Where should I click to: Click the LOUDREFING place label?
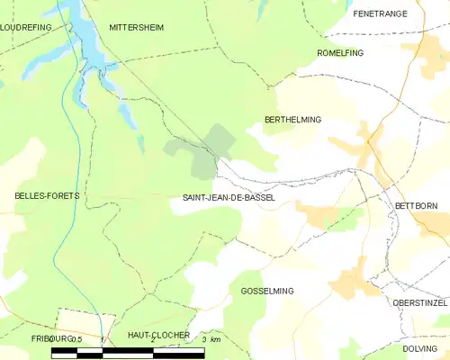(x=24, y=28)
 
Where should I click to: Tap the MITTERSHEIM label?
(x=137, y=28)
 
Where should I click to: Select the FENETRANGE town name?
(x=381, y=13)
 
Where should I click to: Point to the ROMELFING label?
(x=340, y=53)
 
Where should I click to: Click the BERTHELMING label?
(x=292, y=119)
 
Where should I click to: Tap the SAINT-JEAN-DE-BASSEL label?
(x=229, y=197)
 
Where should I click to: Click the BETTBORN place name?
(x=416, y=206)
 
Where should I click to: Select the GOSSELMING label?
(x=268, y=291)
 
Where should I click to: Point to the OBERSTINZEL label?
(x=418, y=303)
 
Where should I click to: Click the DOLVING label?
(x=419, y=348)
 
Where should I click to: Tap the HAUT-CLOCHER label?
(x=158, y=335)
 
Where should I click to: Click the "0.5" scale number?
(x=76, y=339)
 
